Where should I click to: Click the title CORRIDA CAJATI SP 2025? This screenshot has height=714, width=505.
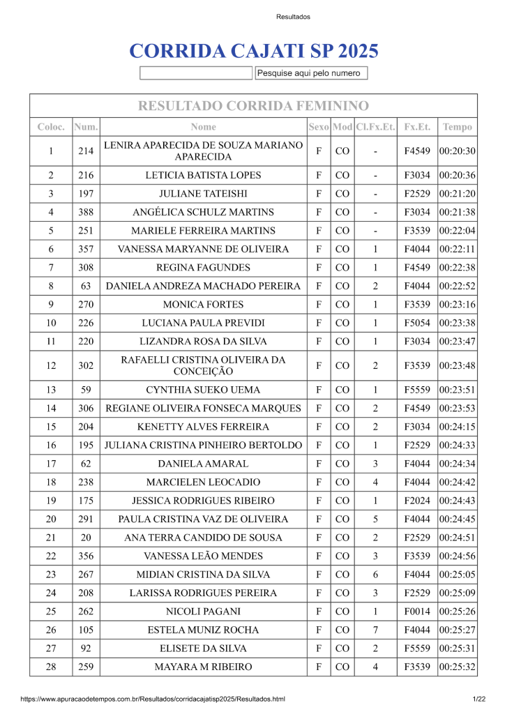[253, 51]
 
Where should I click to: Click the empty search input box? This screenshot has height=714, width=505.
[196, 73]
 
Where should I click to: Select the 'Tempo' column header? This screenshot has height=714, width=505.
[457, 127]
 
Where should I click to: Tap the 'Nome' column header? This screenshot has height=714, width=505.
[203, 127]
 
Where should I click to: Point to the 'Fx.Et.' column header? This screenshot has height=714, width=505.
[417, 127]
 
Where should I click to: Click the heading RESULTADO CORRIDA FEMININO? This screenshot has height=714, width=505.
[253, 106]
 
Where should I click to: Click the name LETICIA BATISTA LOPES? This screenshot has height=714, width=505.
[203, 175]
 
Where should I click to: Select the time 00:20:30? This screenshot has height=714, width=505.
[457, 151]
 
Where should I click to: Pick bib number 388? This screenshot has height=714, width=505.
[86, 212]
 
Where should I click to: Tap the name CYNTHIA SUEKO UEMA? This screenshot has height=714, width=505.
[203, 390]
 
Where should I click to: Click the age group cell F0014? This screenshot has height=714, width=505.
[417, 612]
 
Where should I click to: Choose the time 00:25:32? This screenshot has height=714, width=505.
[457, 667]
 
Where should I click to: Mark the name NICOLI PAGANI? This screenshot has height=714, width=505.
[203, 612]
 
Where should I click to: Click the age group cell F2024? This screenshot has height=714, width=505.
[417, 501]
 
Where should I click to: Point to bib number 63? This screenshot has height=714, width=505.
[86, 286]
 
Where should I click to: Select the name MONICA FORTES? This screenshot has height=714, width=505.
[203, 304]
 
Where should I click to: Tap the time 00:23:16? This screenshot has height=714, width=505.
[457, 304]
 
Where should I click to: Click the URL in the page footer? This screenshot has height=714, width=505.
[153, 699]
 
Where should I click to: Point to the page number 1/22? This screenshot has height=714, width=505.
[478, 699]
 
